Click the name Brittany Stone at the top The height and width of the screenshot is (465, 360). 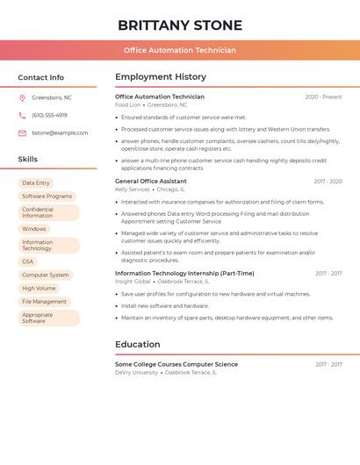(x=179, y=25)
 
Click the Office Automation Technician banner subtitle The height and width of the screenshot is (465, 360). (x=179, y=50)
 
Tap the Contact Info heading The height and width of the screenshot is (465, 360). (x=40, y=77)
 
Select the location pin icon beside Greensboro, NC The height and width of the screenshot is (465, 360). (x=22, y=97)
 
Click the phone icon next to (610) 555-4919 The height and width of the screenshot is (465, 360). (x=22, y=115)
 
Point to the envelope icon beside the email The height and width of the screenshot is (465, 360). (x=22, y=132)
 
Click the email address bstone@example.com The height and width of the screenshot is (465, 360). (x=60, y=132)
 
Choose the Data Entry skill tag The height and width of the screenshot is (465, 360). (x=36, y=182)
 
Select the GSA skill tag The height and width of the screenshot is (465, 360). (x=27, y=261)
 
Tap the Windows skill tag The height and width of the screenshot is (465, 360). (x=34, y=229)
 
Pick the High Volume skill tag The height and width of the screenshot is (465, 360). (x=39, y=288)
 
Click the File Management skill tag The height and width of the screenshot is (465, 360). (x=44, y=301)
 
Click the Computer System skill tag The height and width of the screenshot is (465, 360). (x=45, y=275)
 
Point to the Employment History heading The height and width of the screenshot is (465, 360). (x=160, y=76)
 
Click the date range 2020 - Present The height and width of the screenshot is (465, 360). (x=323, y=97)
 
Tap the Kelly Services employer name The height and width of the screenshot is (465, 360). (x=133, y=190)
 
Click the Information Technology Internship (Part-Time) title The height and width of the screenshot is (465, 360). (x=184, y=273)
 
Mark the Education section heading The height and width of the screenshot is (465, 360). (x=137, y=344)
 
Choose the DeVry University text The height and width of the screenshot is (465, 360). (x=136, y=372)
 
